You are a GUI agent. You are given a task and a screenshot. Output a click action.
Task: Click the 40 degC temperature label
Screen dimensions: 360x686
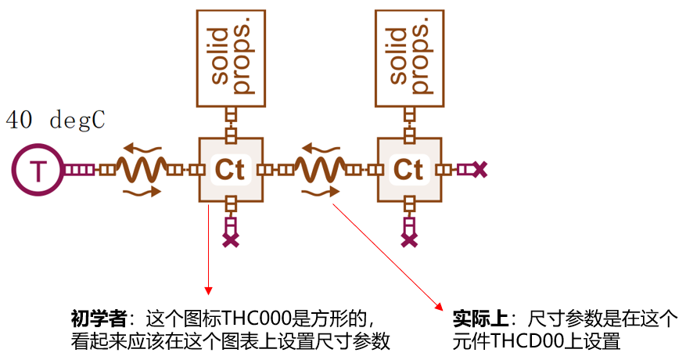click(x=56, y=121)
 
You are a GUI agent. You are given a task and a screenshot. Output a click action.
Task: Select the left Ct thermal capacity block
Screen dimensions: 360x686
click(x=231, y=169)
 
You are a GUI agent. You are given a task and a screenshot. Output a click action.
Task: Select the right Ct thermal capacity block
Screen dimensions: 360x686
click(x=408, y=169)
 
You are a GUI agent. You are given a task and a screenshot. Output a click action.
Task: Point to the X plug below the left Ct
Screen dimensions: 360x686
click(x=231, y=239)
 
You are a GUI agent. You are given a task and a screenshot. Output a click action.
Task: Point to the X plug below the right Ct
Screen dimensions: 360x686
click(x=408, y=239)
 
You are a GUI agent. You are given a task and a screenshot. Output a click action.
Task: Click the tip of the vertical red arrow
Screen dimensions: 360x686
click(x=209, y=291)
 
